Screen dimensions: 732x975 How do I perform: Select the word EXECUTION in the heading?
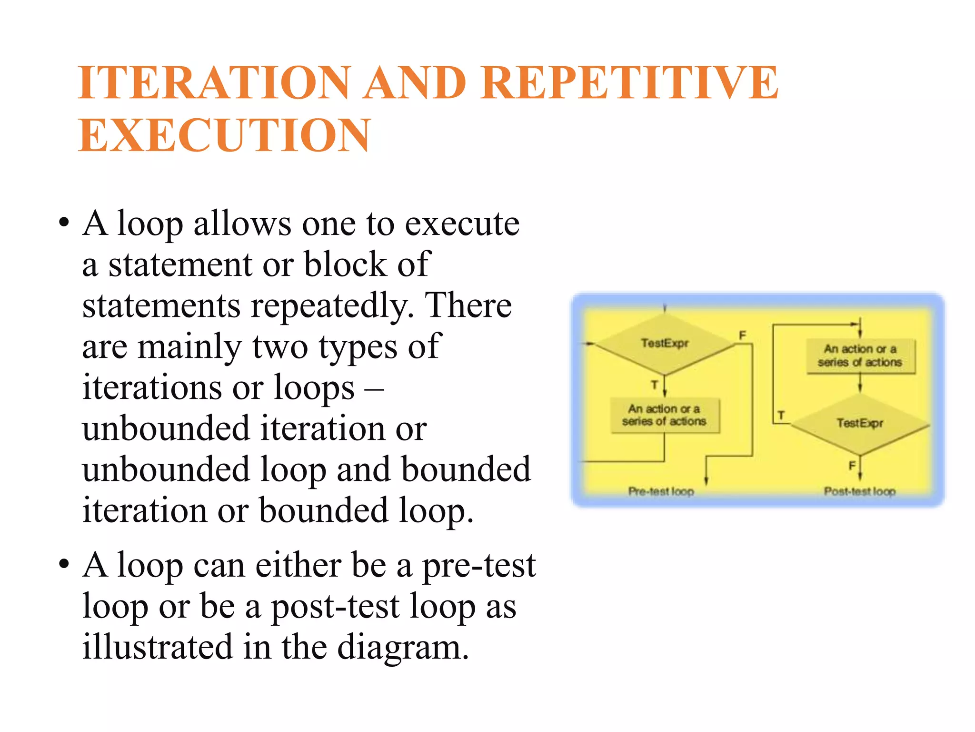pyautogui.click(x=224, y=135)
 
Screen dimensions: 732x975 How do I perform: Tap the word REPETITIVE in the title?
pyautogui.click(x=629, y=83)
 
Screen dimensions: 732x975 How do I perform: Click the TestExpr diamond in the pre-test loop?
pyautogui.click(x=664, y=343)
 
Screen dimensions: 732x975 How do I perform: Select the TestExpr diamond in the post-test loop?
pyautogui.click(x=859, y=423)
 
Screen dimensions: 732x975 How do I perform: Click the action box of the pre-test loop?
pyautogui.click(x=664, y=415)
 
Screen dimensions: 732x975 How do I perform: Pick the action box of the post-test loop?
pyautogui.click(x=860, y=356)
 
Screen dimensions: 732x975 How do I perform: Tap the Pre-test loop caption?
pyautogui.click(x=661, y=491)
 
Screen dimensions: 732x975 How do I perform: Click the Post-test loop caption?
pyautogui.click(x=859, y=491)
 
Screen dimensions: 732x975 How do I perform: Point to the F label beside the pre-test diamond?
pyautogui.click(x=742, y=335)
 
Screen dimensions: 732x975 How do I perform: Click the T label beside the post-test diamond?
pyautogui.click(x=781, y=416)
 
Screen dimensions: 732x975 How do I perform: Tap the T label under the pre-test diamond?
pyautogui.click(x=654, y=385)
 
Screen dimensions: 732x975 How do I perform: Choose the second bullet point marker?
pyautogui.click(x=64, y=565)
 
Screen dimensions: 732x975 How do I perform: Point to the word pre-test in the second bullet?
pyautogui.click(x=479, y=566)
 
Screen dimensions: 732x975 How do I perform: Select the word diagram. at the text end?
pyautogui.click(x=403, y=647)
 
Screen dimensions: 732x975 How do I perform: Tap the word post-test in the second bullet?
pyautogui.click(x=335, y=607)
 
